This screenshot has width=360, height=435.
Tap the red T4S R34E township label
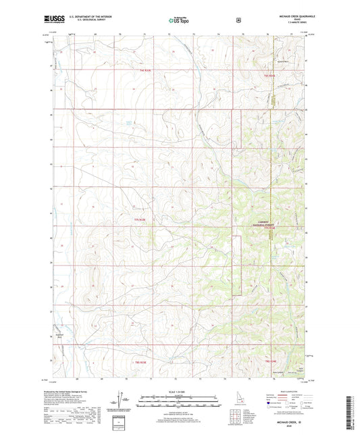269,76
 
